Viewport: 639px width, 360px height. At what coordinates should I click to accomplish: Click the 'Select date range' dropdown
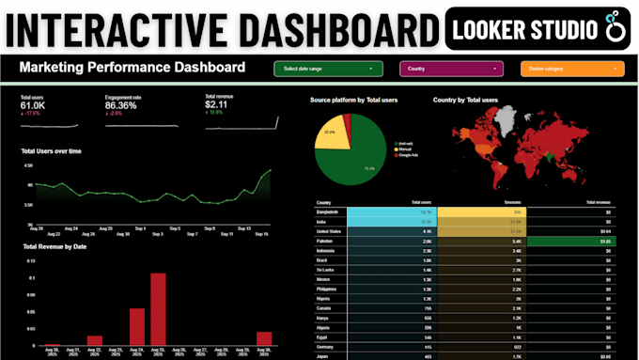click(329, 69)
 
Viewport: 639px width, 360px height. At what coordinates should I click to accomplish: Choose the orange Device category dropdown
click(571, 69)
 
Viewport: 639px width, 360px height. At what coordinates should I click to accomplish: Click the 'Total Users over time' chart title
click(58, 150)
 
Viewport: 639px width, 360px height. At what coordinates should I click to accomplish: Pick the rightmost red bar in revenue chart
click(264, 337)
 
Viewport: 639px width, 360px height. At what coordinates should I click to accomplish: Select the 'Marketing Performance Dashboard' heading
click(132, 68)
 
